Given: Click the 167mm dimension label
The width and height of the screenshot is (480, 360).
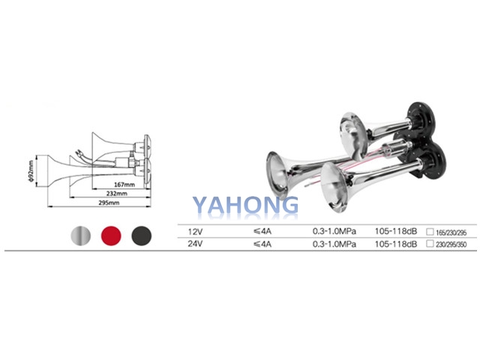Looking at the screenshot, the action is pyautogui.click(x=124, y=184).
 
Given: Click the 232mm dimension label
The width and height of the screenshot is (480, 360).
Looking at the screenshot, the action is pyautogui.click(x=117, y=193).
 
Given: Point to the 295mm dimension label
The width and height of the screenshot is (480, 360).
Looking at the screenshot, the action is pyautogui.click(x=109, y=202).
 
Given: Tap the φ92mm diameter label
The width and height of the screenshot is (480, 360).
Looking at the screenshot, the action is pyautogui.click(x=31, y=171).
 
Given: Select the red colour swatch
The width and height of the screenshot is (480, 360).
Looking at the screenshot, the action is pyautogui.click(x=111, y=235).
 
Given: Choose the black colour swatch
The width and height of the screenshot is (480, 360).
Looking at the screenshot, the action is pyautogui.click(x=142, y=235).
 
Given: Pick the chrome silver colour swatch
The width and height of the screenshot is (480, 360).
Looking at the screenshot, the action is pyautogui.click(x=81, y=235).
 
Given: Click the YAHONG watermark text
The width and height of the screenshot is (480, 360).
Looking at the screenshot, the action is pyautogui.click(x=245, y=205).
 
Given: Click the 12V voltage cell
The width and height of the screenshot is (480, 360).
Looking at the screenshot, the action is pyautogui.click(x=196, y=232).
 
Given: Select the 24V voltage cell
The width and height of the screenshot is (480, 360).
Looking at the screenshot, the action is pyautogui.click(x=196, y=244).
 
